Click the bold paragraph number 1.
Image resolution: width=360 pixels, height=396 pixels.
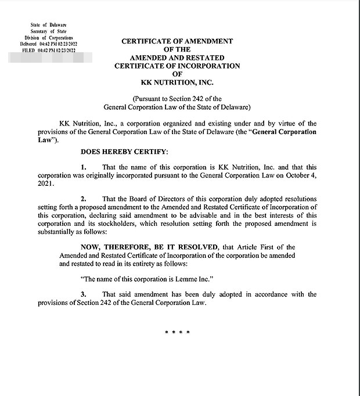[84, 167]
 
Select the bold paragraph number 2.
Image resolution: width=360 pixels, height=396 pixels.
[84, 198]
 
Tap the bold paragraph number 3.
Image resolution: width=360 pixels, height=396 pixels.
[84, 294]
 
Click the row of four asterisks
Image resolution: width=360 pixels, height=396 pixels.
[178, 332]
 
